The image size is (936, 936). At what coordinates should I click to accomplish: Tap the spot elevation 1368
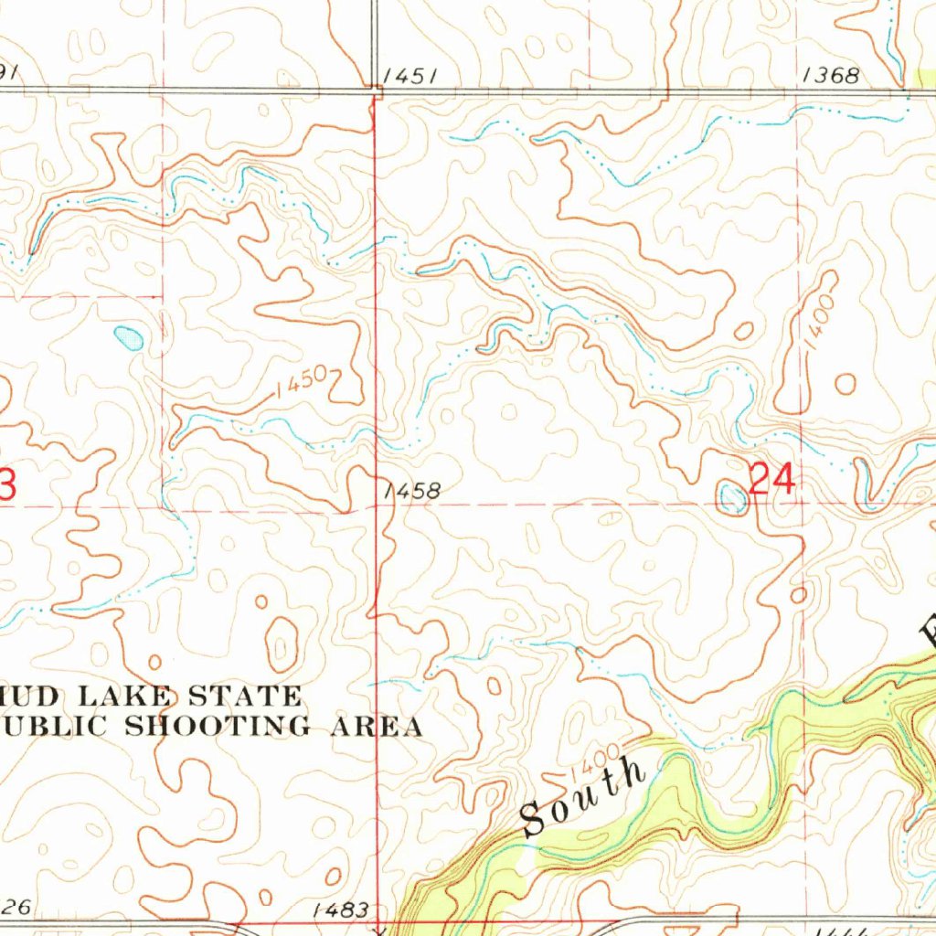pos(830,76)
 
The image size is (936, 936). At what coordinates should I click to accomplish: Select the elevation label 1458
pos(412,492)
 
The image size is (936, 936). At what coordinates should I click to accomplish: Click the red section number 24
pos(771,479)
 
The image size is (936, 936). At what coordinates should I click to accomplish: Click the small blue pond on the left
pos(129,338)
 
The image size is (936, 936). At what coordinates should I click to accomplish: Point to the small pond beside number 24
pos(732,497)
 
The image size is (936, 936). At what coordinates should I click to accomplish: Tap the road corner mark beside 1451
pos(377,88)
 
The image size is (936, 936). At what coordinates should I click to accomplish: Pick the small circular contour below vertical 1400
pos(845,383)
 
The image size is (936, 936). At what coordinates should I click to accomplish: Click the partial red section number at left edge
pos(5,484)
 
